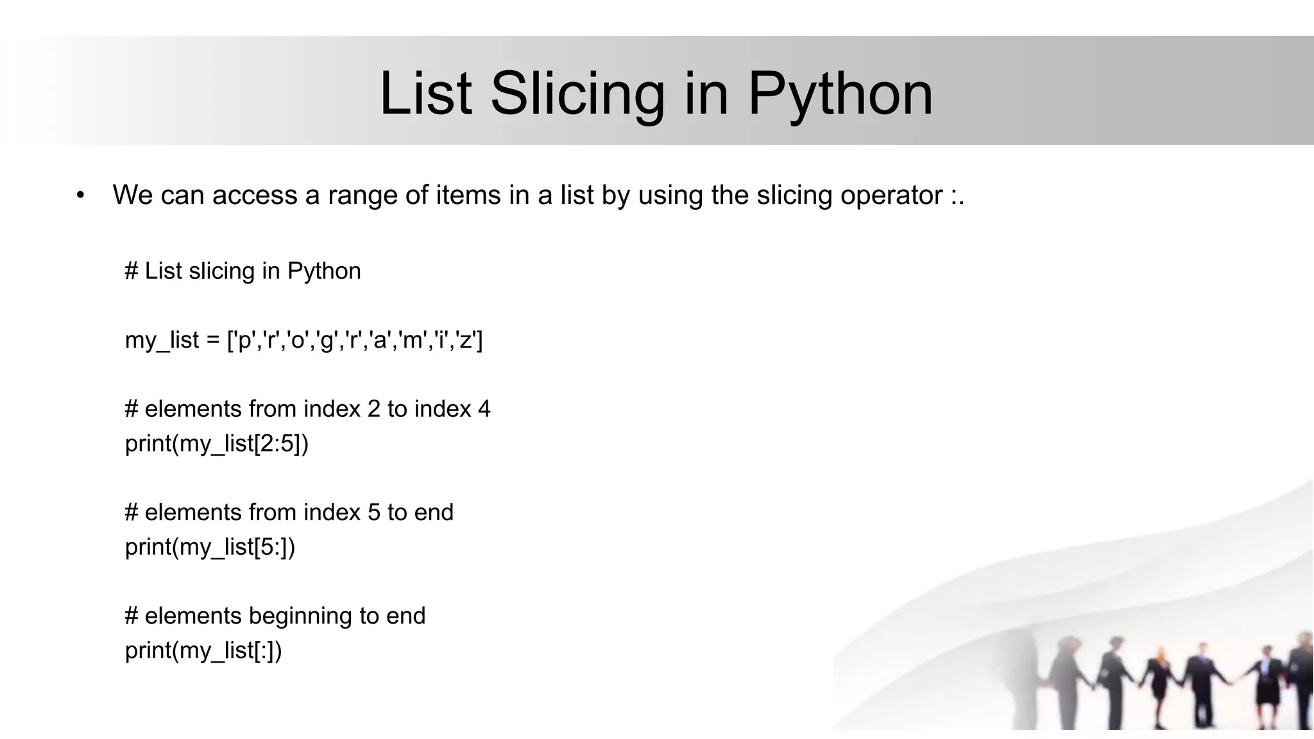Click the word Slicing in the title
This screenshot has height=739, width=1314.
click(x=577, y=94)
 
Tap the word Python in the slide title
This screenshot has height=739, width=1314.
click(x=840, y=94)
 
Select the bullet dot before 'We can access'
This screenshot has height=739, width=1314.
click(x=80, y=196)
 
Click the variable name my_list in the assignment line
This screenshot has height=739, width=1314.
click(x=162, y=340)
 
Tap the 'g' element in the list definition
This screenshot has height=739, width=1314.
click(x=326, y=340)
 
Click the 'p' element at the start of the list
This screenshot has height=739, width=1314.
click(x=244, y=340)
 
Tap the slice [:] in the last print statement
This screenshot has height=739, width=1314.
click(x=264, y=650)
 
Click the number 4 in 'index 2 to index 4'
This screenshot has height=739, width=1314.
click(x=484, y=409)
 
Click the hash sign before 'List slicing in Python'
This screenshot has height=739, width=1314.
click(x=132, y=271)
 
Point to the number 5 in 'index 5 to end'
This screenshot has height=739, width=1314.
click(x=373, y=513)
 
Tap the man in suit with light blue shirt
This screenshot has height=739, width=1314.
click(x=1198, y=686)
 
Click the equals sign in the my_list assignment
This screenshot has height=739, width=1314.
click(x=213, y=340)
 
